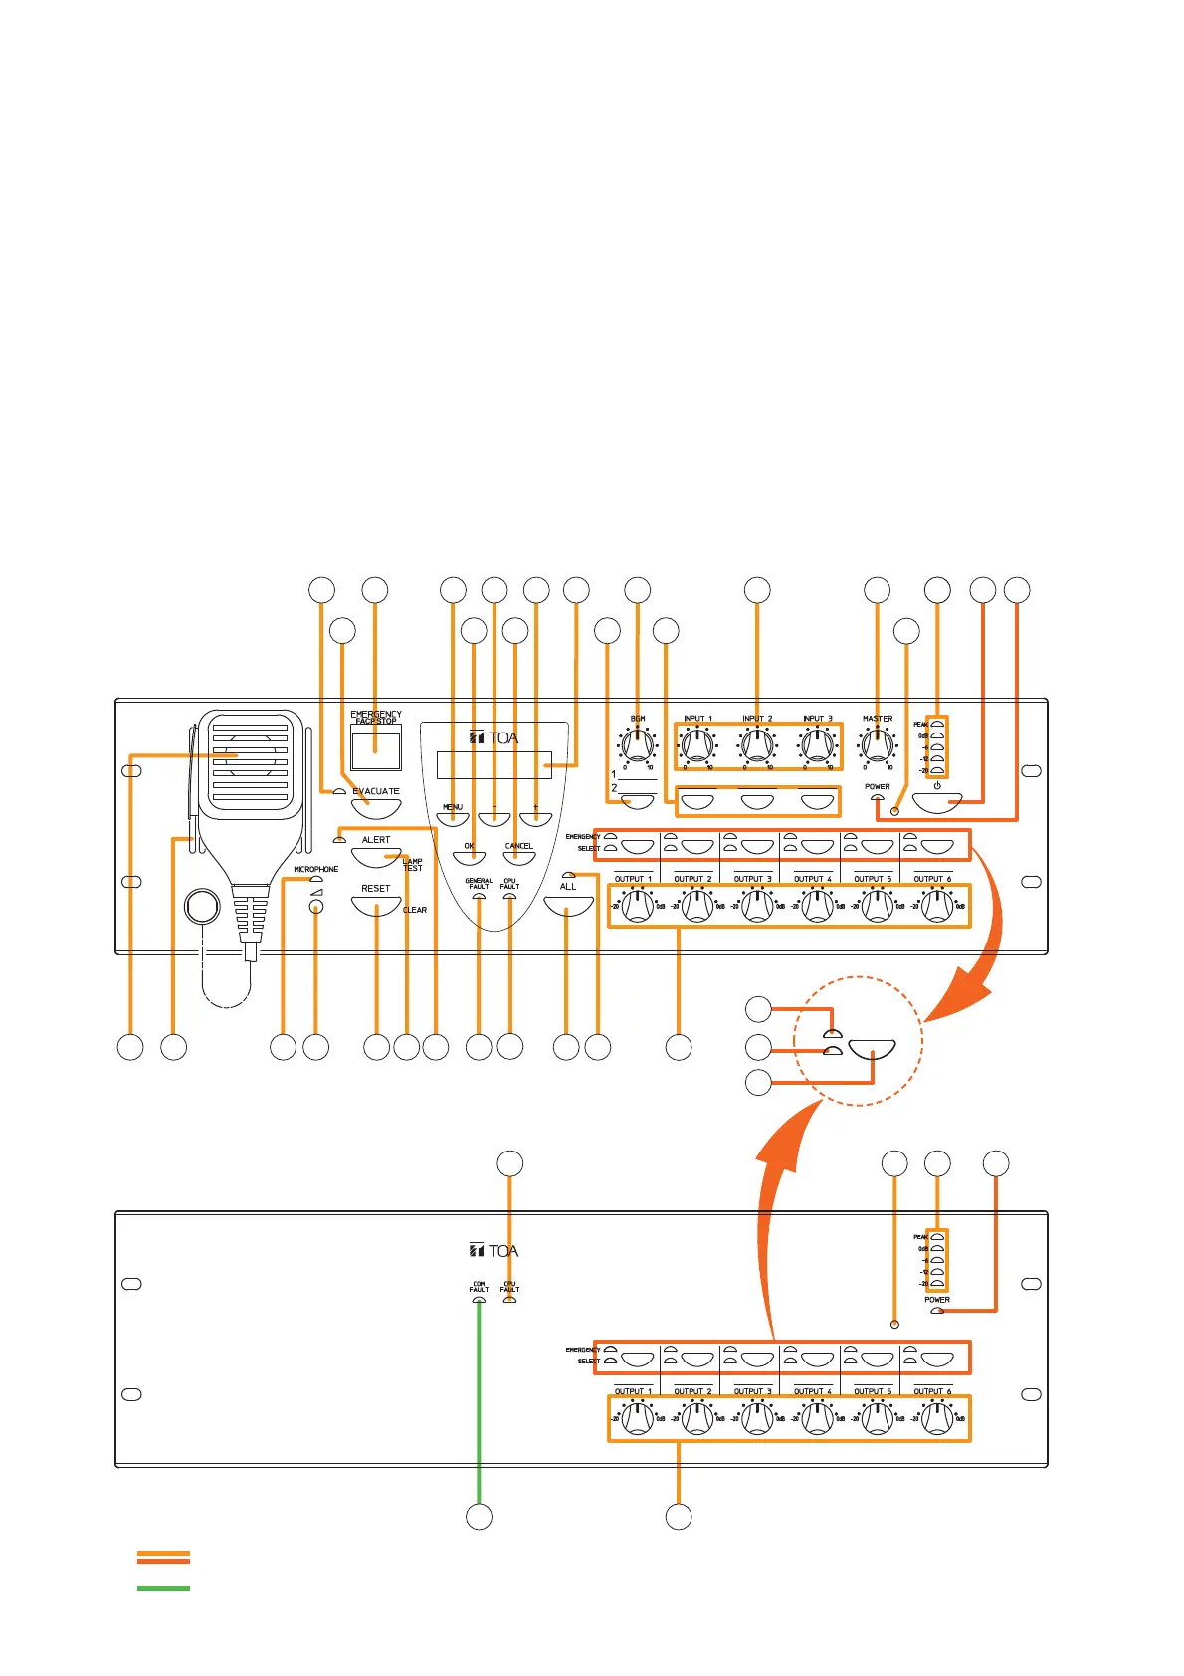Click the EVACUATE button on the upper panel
pyautogui.click(x=376, y=807)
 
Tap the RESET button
pyautogui.click(x=376, y=904)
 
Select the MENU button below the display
pyautogui.click(x=453, y=818)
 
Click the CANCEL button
pyautogui.click(x=518, y=857)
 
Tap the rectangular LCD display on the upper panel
pyautogui.click(x=493, y=765)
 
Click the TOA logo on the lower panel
pyautogui.click(x=494, y=1251)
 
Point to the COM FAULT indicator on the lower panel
pyautogui.click(x=479, y=1299)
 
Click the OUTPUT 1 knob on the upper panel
pyautogui.click(x=638, y=906)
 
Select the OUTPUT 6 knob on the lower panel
pyautogui.click(x=937, y=1418)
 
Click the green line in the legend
pyautogui.click(x=163, y=1588)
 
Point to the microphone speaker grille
pyautogui.click(x=251, y=761)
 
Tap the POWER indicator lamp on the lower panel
pyautogui.click(x=936, y=1311)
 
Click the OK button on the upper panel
pyautogui.click(x=469, y=857)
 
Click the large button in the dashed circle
pyautogui.click(x=872, y=1051)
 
